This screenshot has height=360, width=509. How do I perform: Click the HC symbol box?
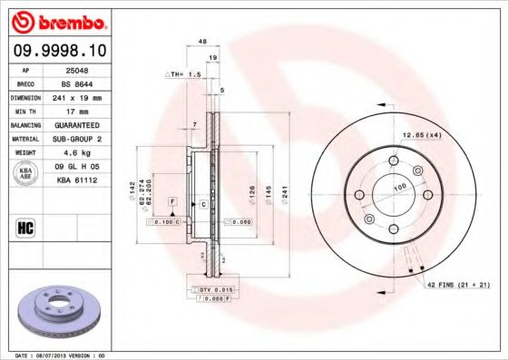click(25, 227)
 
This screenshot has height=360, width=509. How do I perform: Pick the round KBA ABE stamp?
click(26, 173)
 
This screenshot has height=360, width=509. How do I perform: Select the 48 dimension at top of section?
click(202, 42)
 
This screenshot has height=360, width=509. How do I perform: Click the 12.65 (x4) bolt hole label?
click(419, 136)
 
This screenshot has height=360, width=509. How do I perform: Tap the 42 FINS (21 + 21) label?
click(459, 286)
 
